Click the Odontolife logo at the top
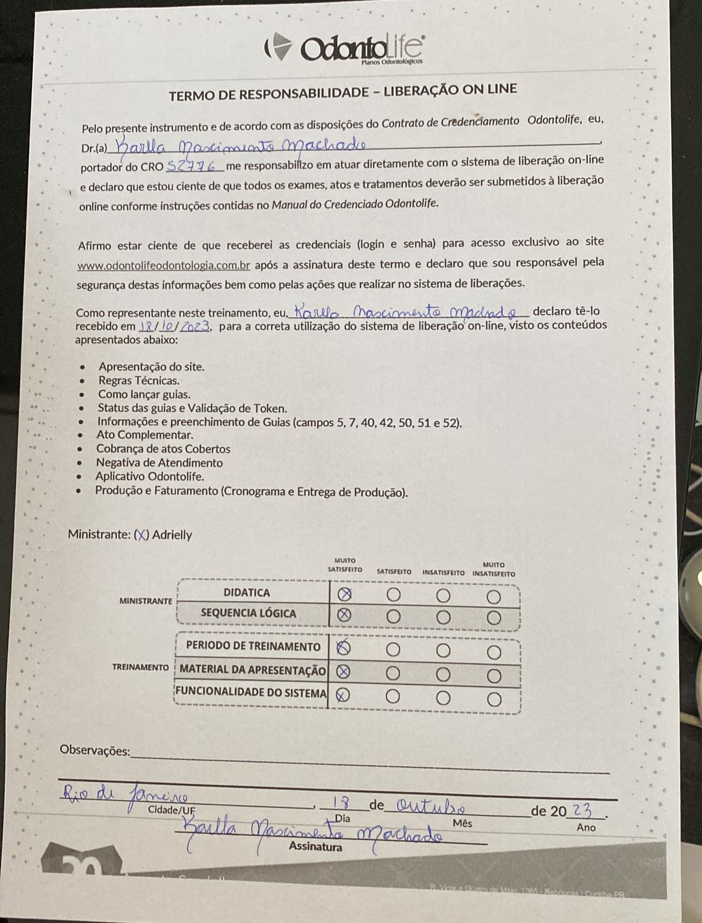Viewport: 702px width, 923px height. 345,47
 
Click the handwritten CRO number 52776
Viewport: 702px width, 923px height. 195,166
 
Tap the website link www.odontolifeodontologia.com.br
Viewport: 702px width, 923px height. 164,266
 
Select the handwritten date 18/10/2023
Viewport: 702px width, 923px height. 175,325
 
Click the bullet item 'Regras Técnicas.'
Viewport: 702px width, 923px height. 139,381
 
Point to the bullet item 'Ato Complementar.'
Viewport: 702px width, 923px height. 144,435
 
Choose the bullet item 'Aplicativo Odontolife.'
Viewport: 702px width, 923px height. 150,476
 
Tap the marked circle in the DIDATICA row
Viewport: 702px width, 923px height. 344,594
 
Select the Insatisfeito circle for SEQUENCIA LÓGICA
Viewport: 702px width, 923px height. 443,617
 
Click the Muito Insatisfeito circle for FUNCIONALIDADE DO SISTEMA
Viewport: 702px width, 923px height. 494,699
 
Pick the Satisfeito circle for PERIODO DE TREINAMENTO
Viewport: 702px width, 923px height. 393,650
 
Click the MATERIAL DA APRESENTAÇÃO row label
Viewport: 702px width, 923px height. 253,670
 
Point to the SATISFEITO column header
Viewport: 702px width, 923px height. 394,572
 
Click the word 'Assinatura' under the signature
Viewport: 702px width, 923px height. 315,847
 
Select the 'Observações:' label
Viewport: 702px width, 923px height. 95,751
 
